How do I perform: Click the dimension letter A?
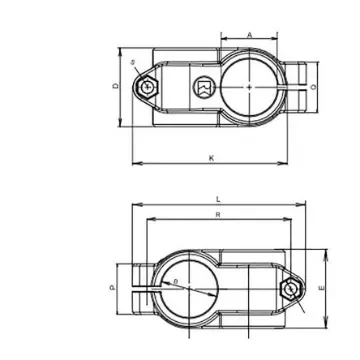(x=249, y=35)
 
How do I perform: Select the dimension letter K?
(x=211, y=157)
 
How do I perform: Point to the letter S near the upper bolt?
(x=134, y=62)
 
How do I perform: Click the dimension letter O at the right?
(x=315, y=88)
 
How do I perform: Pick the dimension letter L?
(x=219, y=199)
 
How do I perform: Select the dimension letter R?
(x=218, y=214)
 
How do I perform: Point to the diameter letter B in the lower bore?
(x=177, y=283)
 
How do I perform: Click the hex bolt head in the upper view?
(x=149, y=88)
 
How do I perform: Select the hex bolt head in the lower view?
(x=290, y=289)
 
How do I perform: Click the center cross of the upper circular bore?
(x=248, y=88)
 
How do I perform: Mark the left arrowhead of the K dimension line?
(x=134, y=163)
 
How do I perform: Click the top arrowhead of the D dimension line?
(x=121, y=47)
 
